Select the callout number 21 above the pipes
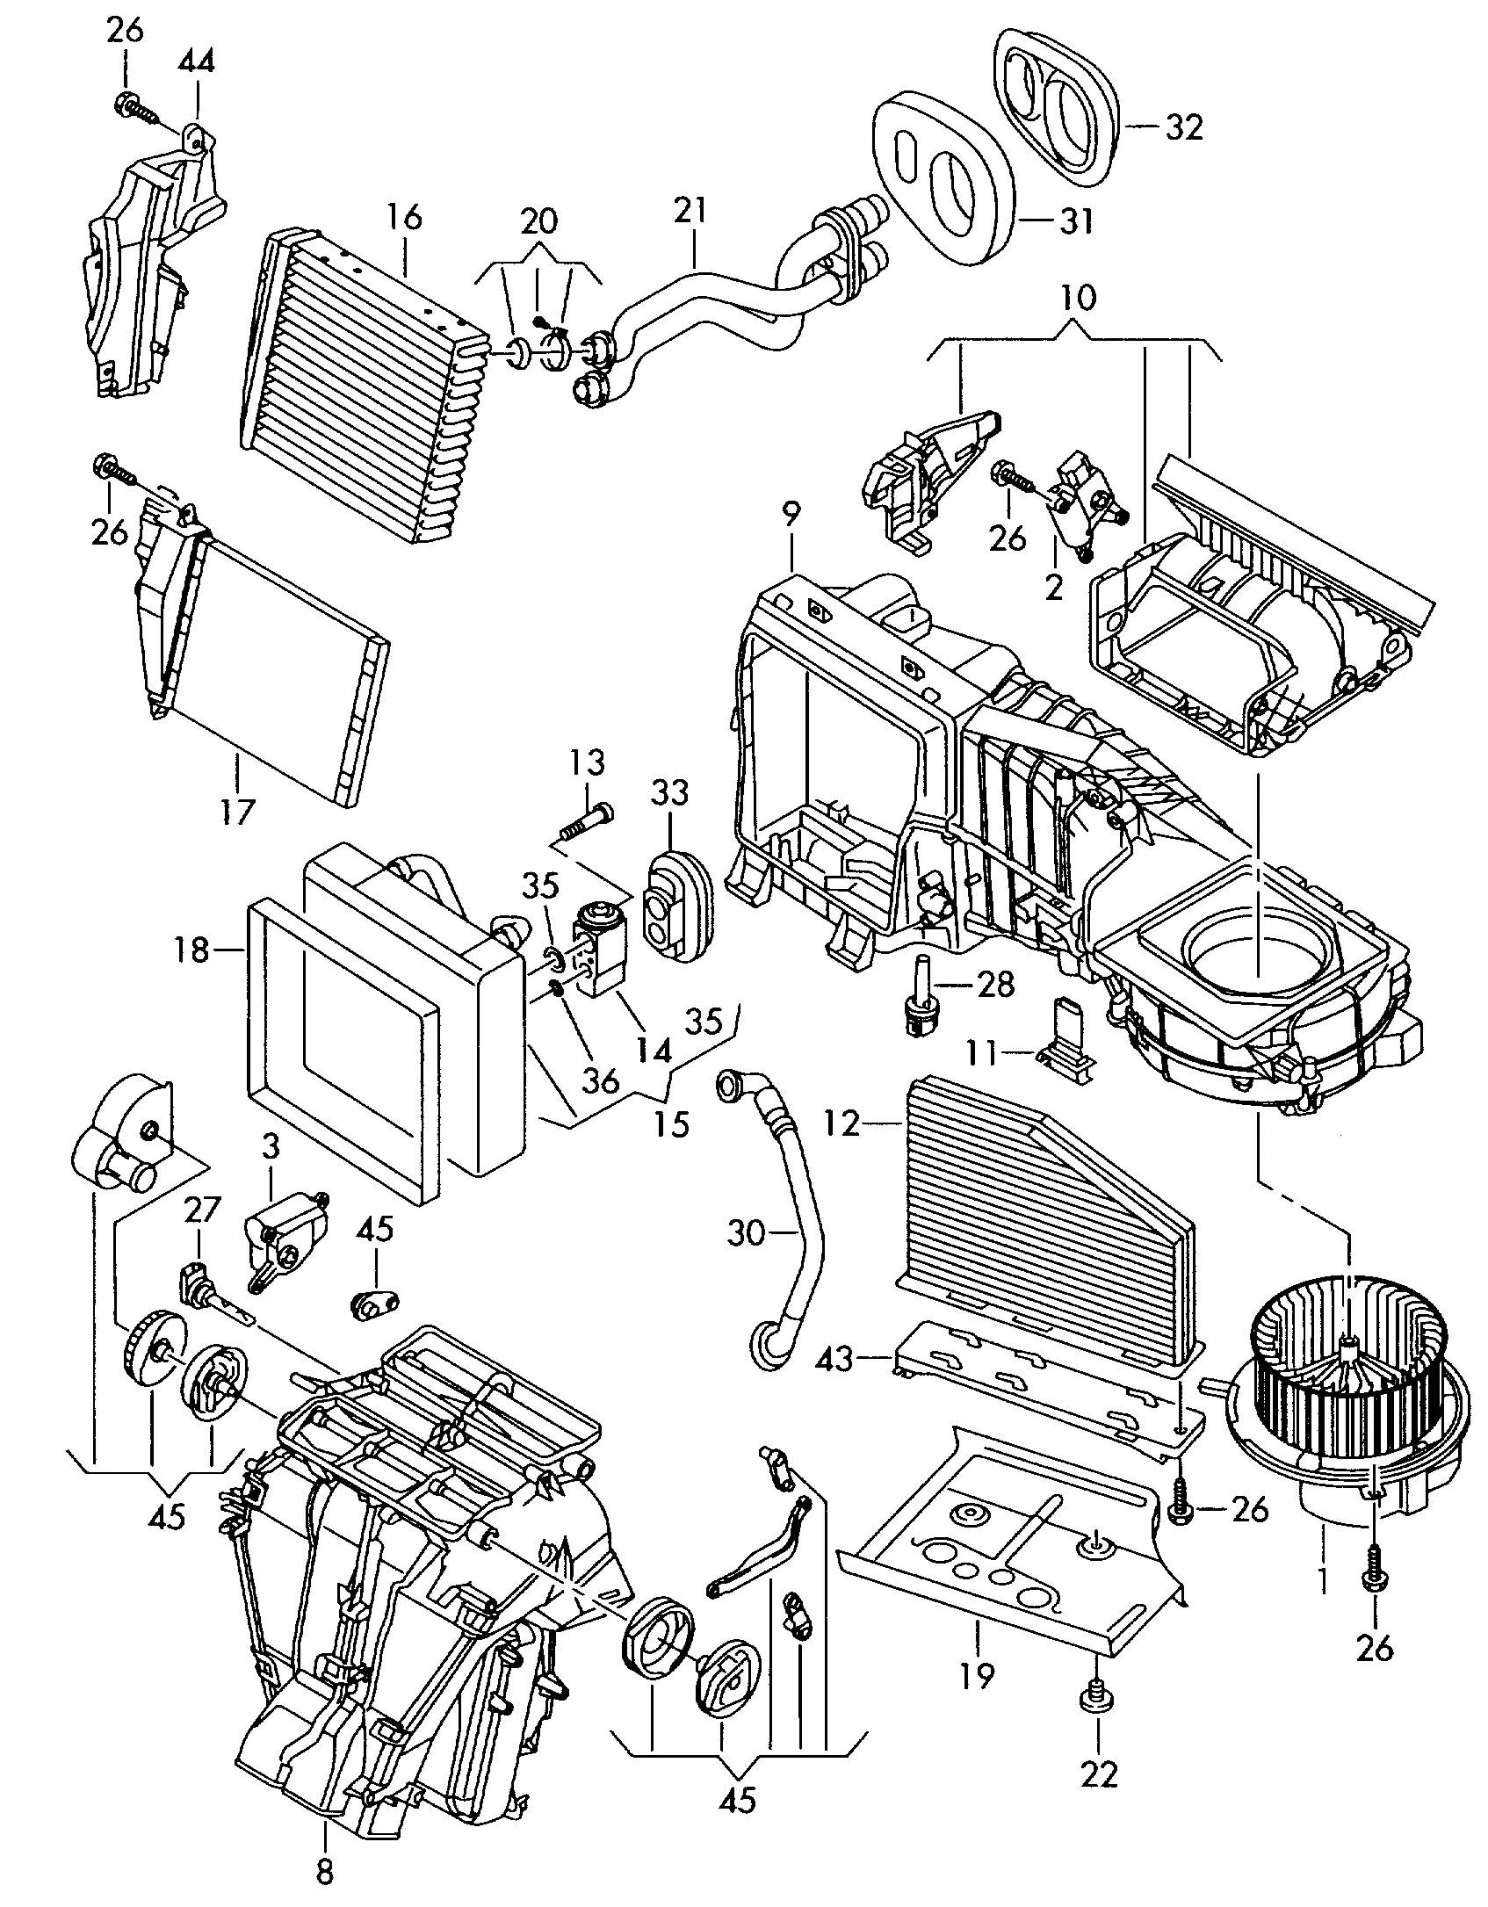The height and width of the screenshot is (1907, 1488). (x=690, y=213)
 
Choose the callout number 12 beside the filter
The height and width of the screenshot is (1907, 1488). (x=842, y=1123)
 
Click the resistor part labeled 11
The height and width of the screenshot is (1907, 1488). (x=1065, y=1045)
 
